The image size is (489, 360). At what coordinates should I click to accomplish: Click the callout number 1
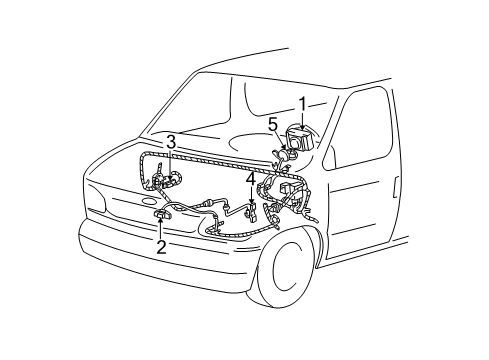tap(301, 102)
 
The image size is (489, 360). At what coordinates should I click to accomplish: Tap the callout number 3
tap(171, 142)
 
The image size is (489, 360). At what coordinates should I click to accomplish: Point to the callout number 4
tap(250, 180)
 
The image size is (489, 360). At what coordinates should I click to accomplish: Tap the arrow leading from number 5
tap(279, 139)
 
